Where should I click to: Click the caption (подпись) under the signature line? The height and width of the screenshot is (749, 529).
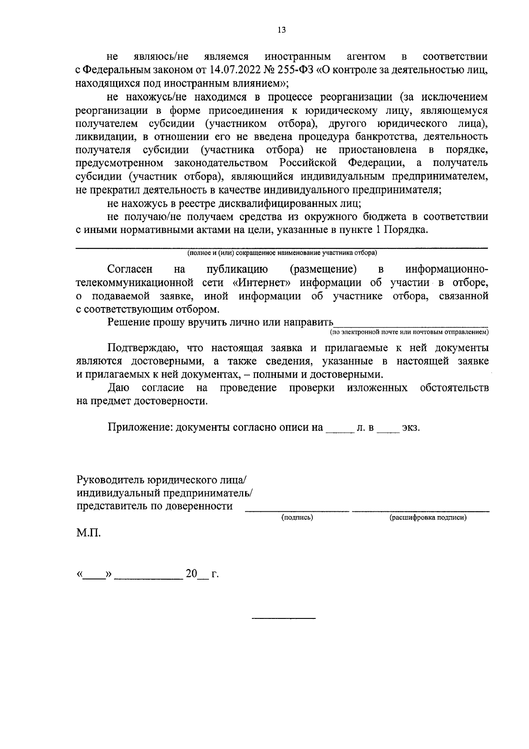pyautogui.click(x=297, y=518)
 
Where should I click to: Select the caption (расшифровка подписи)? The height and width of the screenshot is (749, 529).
pyautogui.click(x=428, y=518)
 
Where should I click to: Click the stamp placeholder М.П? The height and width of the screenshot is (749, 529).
pyautogui.click(x=88, y=533)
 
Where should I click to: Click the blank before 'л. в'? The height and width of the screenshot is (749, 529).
pyautogui.click(x=339, y=430)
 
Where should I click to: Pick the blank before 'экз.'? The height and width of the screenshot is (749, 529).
pyautogui.click(x=388, y=430)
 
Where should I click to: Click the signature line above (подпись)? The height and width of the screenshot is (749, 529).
pyautogui.click(x=297, y=511)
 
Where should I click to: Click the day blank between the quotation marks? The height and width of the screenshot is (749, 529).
pyautogui.click(x=95, y=577)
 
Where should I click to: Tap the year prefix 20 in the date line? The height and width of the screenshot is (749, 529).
pyautogui.click(x=191, y=574)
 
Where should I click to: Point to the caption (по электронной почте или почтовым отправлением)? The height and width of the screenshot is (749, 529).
pyautogui.click(x=410, y=332)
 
